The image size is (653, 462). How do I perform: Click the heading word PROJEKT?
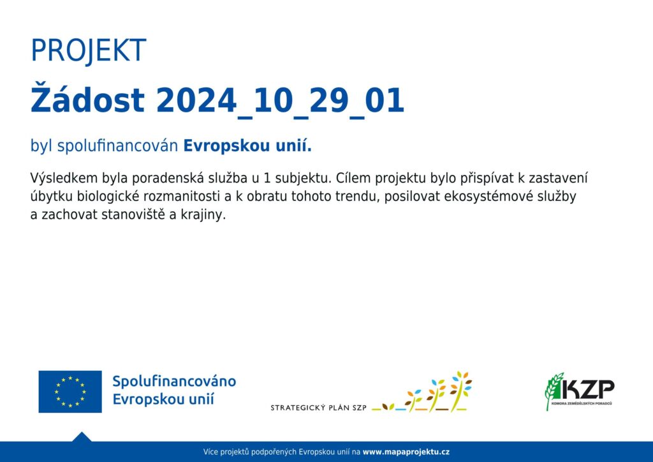[x=88, y=51]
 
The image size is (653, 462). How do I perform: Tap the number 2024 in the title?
[x=196, y=100]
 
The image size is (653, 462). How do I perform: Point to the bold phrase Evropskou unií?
[x=247, y=145]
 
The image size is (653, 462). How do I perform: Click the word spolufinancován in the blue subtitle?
[x=117, y=145]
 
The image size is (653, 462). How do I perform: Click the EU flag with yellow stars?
[x=70, y=392]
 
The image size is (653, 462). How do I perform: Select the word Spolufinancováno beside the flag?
[x=174, y=382]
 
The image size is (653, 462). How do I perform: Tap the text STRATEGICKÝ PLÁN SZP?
[x=319, y=408]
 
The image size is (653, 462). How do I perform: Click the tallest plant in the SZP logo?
[x=460, y=391]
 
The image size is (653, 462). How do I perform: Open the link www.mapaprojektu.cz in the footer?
[x=406, y=452]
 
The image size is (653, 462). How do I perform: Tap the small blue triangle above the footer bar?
[x=82, y=437]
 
